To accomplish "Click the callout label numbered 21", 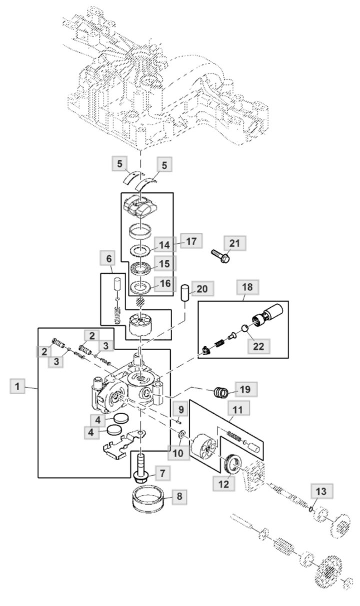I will tap(235, 243).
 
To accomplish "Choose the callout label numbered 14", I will tap(165, 245).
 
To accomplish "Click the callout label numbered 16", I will tap(165, 283).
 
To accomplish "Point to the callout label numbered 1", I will tap(18, 386).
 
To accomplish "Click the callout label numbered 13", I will tap(320, 492).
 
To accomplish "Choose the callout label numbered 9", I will tap(180, 410).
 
